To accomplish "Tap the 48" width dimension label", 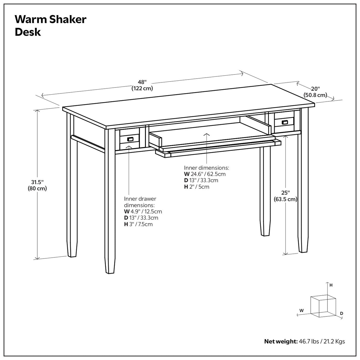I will [x=142, y=82].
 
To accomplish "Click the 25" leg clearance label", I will [x=285, y=193].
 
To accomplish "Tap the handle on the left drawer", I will [x=130, y=139].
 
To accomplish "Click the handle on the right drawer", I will [x=284, y=122].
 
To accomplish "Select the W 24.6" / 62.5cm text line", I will [x=205, y=174].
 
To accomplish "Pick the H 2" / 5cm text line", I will [x=197, y=187].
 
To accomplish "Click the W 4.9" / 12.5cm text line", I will [x=143, y=211].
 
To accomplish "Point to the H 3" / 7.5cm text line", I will [x=138, y=224].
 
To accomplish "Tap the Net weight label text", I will [x=281, y=342].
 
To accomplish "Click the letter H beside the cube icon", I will [x=331, y=285].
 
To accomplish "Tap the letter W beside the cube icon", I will [x=301, y=310].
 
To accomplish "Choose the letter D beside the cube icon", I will [x=341, y=313].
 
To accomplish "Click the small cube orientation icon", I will [x=323, y=306].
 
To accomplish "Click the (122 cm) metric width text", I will [x=142, y=88].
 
